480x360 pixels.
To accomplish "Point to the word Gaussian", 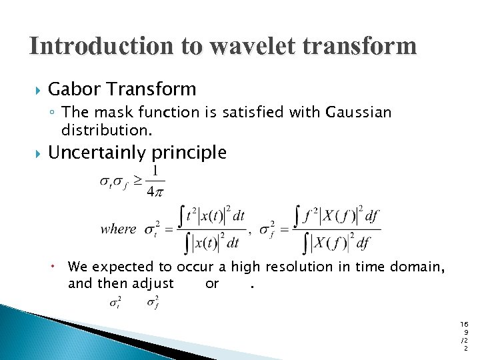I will coord(358,113).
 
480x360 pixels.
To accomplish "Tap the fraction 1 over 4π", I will coord(155,182).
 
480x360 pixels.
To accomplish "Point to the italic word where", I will coord(118,229).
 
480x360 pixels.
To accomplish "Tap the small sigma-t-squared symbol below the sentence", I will coord(115,303).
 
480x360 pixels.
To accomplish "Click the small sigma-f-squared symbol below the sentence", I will coord(153,303).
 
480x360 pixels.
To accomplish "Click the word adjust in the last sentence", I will coord(153,283).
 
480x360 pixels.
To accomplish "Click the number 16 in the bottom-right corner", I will coord(464,323).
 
